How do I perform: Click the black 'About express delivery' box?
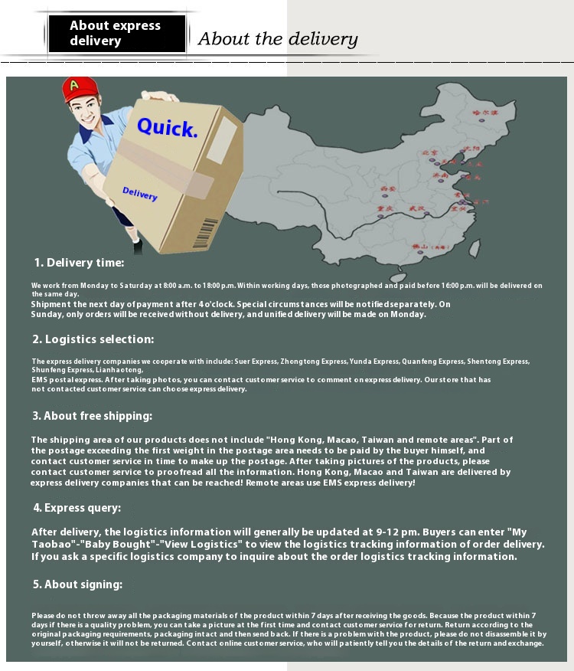116,34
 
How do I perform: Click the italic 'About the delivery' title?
278,39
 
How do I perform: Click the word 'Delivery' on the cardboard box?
139,194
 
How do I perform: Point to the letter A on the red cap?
74,85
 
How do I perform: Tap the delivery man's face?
86,116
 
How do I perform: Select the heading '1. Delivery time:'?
78,263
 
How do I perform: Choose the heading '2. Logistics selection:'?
93,339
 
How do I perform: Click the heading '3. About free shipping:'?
92,416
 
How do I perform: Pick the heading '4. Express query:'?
77,508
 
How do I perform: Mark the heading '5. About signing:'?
77,584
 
